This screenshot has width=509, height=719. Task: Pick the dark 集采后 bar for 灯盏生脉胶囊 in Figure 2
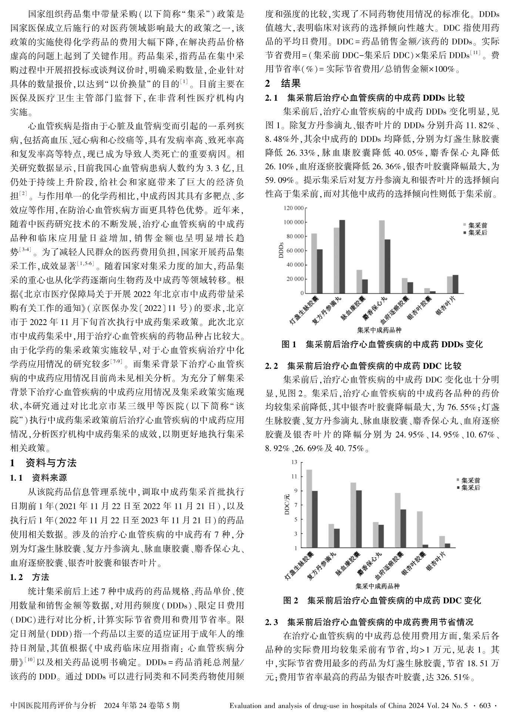[315, 519]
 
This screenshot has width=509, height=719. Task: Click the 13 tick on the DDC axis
[294, 462]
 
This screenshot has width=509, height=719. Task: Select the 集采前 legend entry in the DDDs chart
[475, 225]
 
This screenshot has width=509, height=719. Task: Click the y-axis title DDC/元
[288, 505]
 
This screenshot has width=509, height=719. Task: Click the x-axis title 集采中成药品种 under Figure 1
[379, 329]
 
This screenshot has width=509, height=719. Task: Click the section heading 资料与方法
[51, 463]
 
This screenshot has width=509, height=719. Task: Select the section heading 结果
[291, 83]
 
